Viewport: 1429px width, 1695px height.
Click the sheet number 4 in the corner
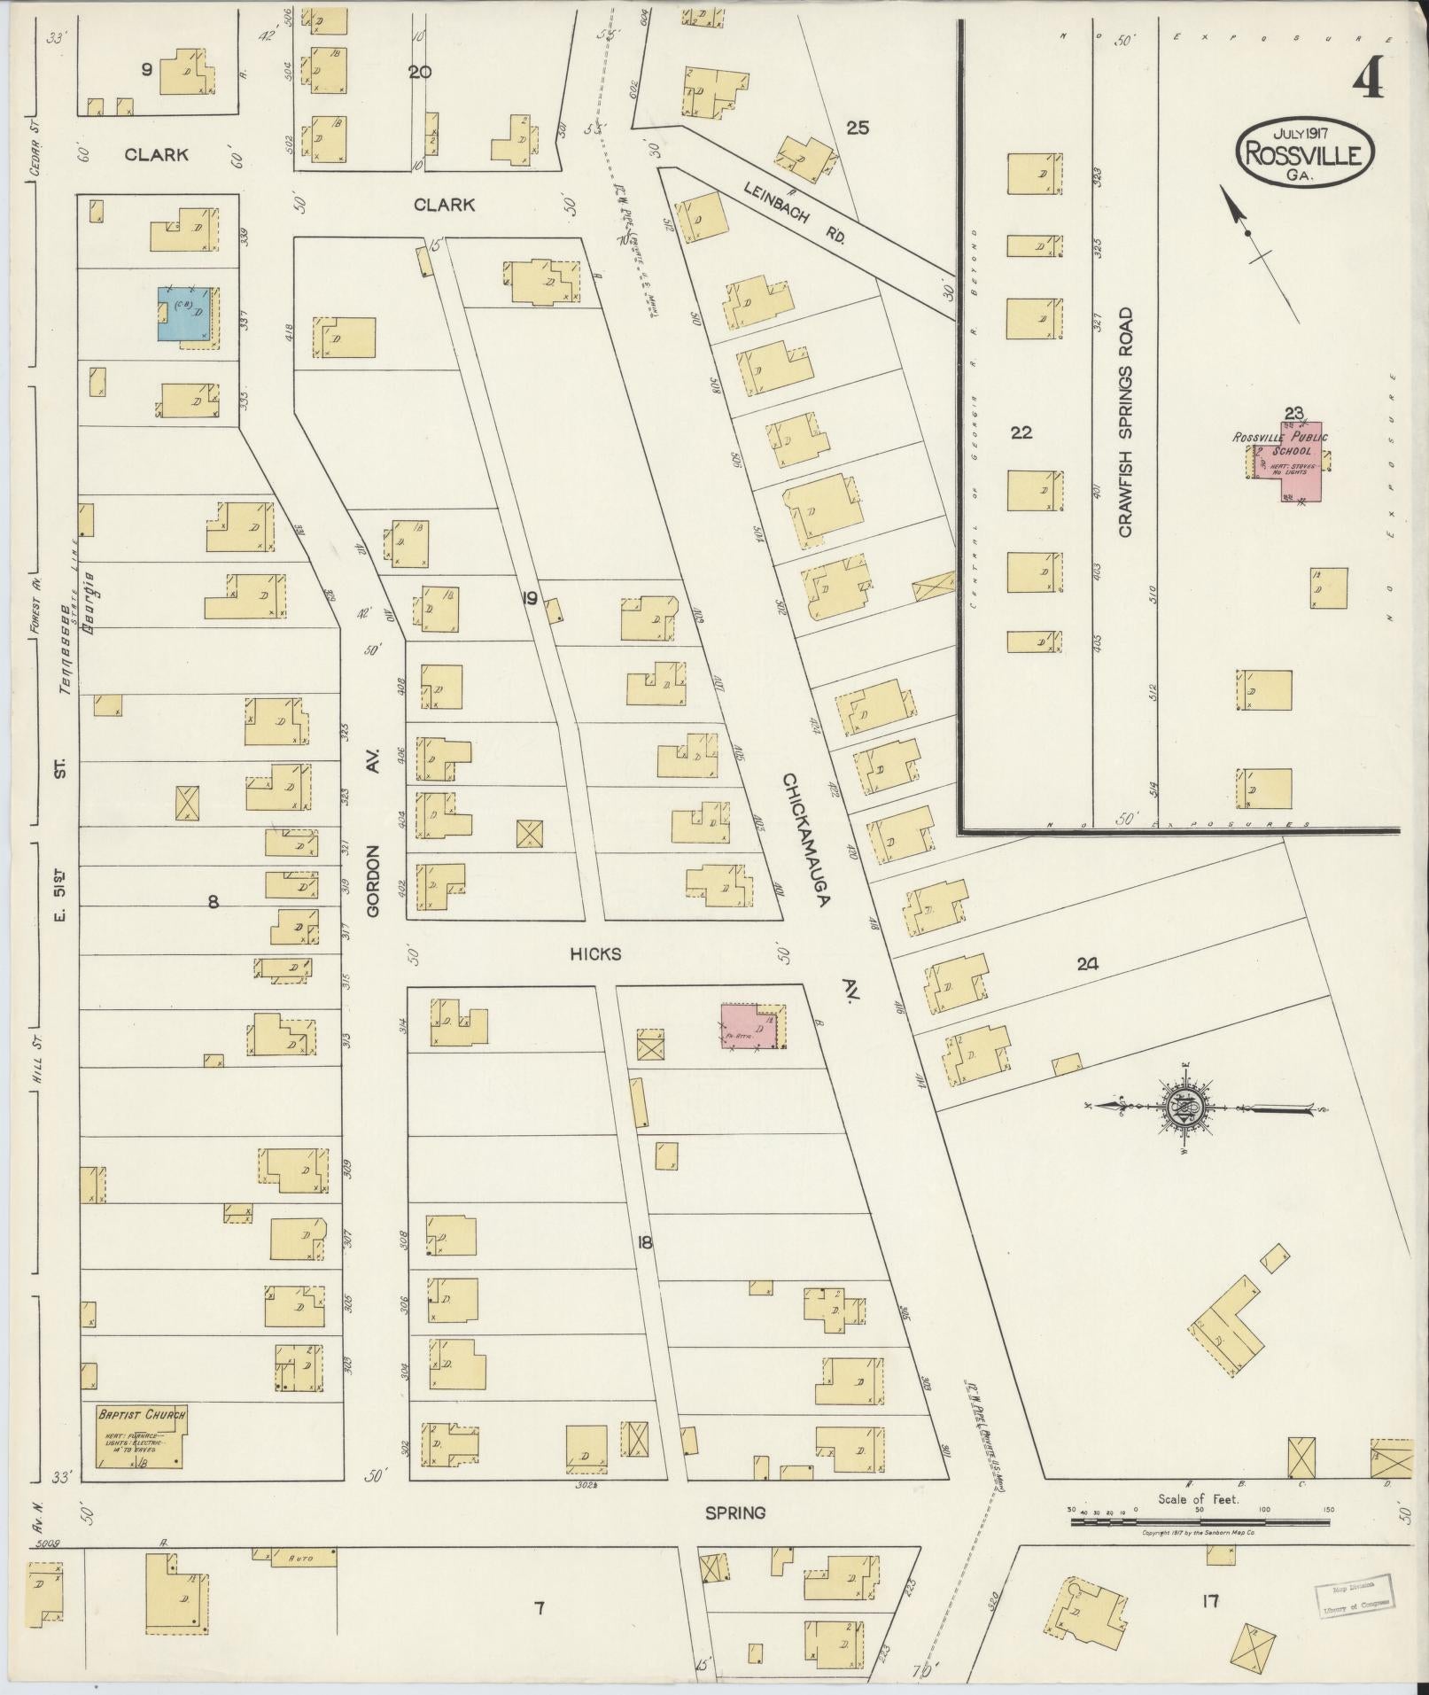tap(1370, 83)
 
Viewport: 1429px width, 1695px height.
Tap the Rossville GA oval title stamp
tap(1305, 152)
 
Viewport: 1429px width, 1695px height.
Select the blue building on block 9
tap(185, 315)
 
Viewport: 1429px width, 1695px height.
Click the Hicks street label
tap(595, 954)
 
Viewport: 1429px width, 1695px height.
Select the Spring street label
tap(735, 1513)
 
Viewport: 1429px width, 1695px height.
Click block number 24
tap(1087, 965)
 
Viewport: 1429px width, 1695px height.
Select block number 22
tap(1021, 432)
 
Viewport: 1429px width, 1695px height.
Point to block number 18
tap(644, 1243)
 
